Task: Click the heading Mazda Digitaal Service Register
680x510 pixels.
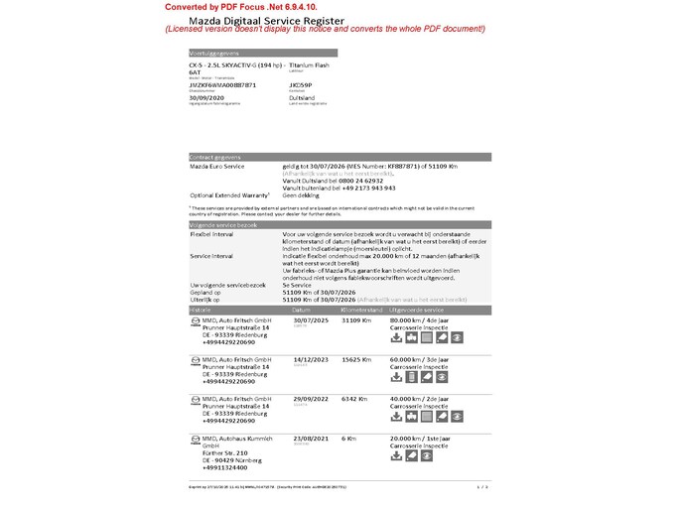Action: click(260, 20)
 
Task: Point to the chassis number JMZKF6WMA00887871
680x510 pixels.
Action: click(222, 85)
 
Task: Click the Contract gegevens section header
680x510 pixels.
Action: click(215, 157)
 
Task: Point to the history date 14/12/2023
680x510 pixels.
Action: click(312, 359)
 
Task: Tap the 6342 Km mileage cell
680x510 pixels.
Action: click(354, 398)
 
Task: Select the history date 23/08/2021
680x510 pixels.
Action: click(312, 438)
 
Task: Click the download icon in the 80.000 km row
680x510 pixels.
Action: click(397, 337)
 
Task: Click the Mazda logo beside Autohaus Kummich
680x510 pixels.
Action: click(195, 438)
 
